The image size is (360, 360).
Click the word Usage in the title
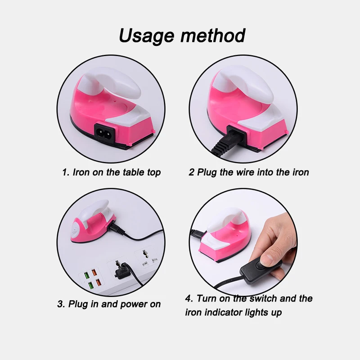(147, 35)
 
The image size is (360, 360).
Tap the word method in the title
(213, 35)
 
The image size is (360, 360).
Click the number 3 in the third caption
(60, 304)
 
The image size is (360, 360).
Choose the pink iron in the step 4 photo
(220, 238)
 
